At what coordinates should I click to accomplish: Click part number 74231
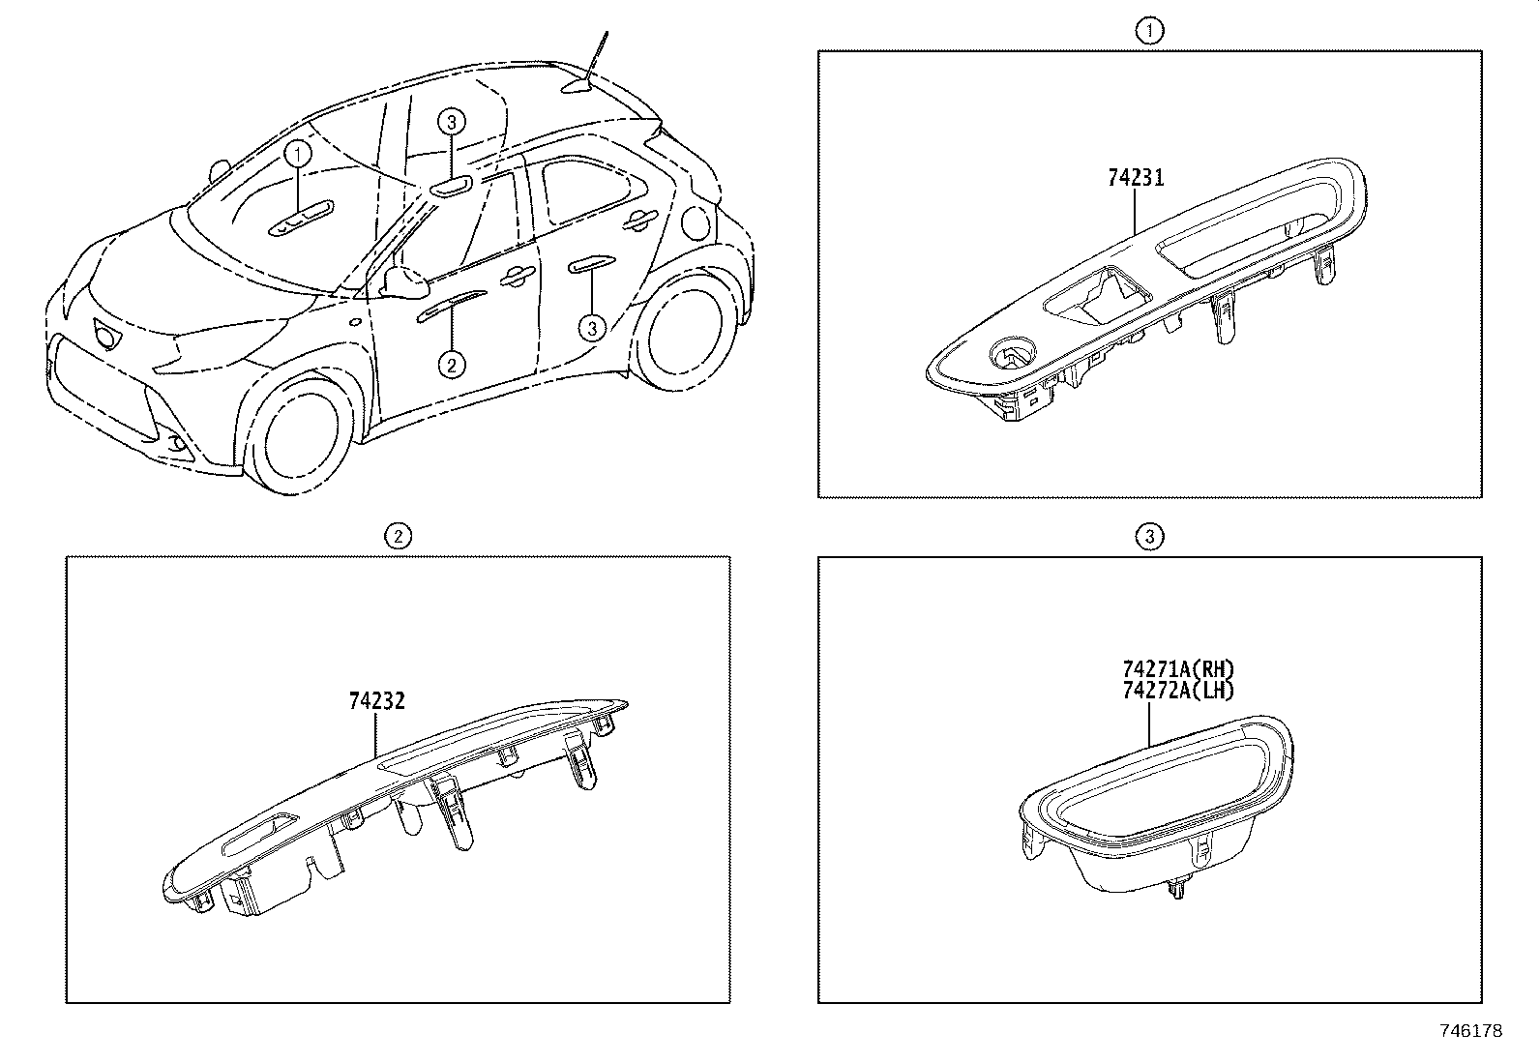(1136, 178)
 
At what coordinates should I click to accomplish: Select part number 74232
(376, 700)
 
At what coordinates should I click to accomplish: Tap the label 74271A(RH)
(1178, 669)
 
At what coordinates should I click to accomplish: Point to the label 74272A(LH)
(1178, 690)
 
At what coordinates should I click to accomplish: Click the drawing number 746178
(1471, 1031)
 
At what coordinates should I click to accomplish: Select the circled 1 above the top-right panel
(1149, 31)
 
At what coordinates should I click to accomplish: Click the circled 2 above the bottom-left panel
(399, 536)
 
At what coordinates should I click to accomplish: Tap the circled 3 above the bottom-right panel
(1149, 536)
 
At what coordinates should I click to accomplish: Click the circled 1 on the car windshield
(298, 154)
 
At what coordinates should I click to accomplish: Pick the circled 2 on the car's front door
(452, 365)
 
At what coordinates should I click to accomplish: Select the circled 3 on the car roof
(451, 123)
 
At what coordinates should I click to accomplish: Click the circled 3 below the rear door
(592, 328)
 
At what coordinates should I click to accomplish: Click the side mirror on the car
(405, 281)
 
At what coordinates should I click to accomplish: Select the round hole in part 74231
(1012, 353)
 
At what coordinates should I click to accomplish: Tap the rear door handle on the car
(640, 220)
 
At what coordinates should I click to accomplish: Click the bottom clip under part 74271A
(1178, 890)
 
